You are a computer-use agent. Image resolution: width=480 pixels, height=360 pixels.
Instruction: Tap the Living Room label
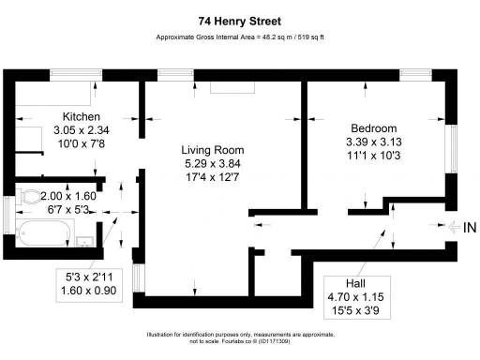(x=214, y=150)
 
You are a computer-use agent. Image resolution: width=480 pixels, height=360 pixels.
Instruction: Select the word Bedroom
(x=373, y=128)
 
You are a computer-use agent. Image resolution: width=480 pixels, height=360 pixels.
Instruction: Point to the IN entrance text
(x=469, y=228)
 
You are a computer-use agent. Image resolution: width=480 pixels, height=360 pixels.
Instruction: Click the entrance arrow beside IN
(x=453, y=228)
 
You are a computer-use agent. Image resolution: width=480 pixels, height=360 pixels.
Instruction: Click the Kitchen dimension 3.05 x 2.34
(x=56, y=131)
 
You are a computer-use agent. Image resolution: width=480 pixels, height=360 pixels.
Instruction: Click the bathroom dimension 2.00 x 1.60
(x=64, y=197)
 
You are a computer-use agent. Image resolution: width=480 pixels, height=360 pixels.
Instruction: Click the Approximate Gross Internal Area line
(x=239, y=38)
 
